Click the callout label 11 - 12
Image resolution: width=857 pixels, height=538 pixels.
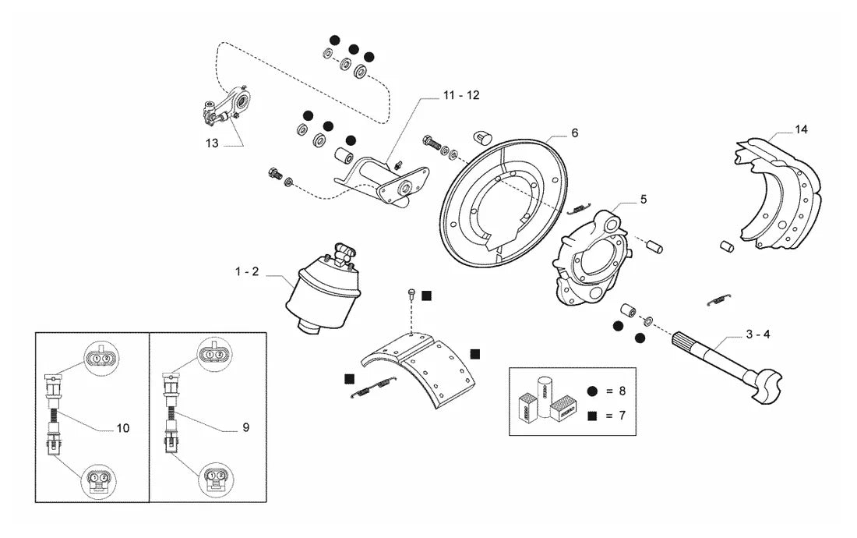tap(460, 95)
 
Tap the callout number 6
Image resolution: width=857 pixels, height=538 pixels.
tap(574, 133)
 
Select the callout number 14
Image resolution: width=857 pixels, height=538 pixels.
tap(801, 129)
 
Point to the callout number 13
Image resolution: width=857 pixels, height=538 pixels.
tap(212, 143)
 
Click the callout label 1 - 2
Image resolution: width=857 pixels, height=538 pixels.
tap(247, 272)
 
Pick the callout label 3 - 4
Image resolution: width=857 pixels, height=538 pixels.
tap(758, 334)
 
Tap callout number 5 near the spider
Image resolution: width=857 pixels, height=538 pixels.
tap(644, 200)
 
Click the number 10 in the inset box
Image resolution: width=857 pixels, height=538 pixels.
tap(123, 428)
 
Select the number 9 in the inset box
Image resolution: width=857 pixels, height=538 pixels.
tap(246, 427)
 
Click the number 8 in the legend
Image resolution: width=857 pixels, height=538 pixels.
tap(622, 391)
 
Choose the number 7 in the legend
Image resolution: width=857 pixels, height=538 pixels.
tap(622, 416)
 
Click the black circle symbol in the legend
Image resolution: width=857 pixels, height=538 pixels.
tap(592, 391)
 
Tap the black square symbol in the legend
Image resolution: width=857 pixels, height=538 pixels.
tap(592, 416)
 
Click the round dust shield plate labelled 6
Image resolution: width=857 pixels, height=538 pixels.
tap(503, 203)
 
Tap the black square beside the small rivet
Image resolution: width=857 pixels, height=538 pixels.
tap(426, 296)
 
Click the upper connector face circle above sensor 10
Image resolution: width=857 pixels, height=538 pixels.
tap(101, 358)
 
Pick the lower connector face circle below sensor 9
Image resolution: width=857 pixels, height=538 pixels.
tap(215, 480)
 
